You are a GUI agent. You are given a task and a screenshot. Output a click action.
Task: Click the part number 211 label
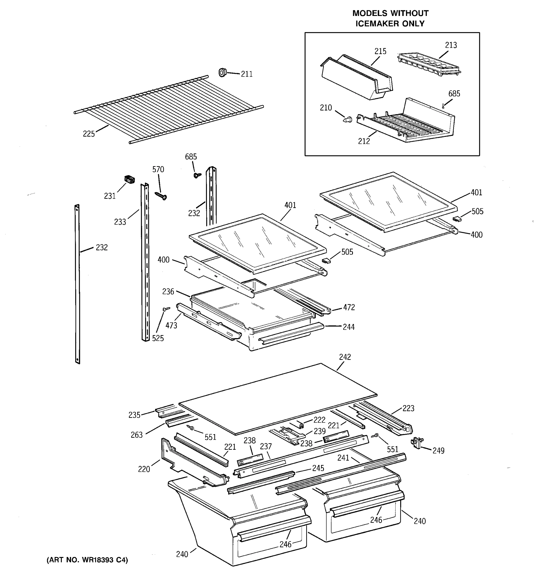(x=247, y=74)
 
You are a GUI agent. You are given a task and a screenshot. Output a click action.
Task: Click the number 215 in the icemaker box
(x=380, y=51)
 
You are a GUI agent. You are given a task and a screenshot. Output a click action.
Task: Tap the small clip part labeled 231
(x=130, y=179)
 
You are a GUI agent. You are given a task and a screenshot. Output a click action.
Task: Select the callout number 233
(x=120, y=222)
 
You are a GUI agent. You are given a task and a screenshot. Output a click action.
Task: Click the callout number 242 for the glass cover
(x=345, y=357)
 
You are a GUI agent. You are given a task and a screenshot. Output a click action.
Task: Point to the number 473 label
(x=171, y=325)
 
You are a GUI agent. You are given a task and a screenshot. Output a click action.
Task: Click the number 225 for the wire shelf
(x=89, y=134)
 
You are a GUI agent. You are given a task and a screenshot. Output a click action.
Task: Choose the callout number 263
(x=137, y=435)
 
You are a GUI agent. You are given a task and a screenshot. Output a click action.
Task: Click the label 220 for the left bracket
(x=144, y=469)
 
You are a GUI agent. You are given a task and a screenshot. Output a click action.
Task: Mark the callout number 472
(x=349, y=307)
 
